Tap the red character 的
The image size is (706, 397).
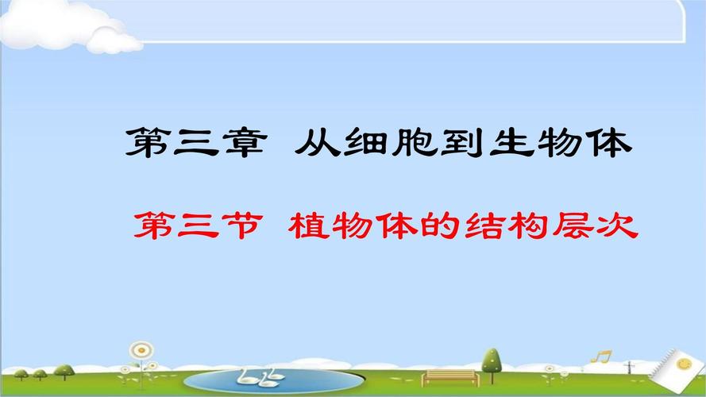[x=415, y=225]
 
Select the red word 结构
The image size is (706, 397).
[x=489, y=225]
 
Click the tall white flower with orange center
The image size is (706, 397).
[x=141, y=350]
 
